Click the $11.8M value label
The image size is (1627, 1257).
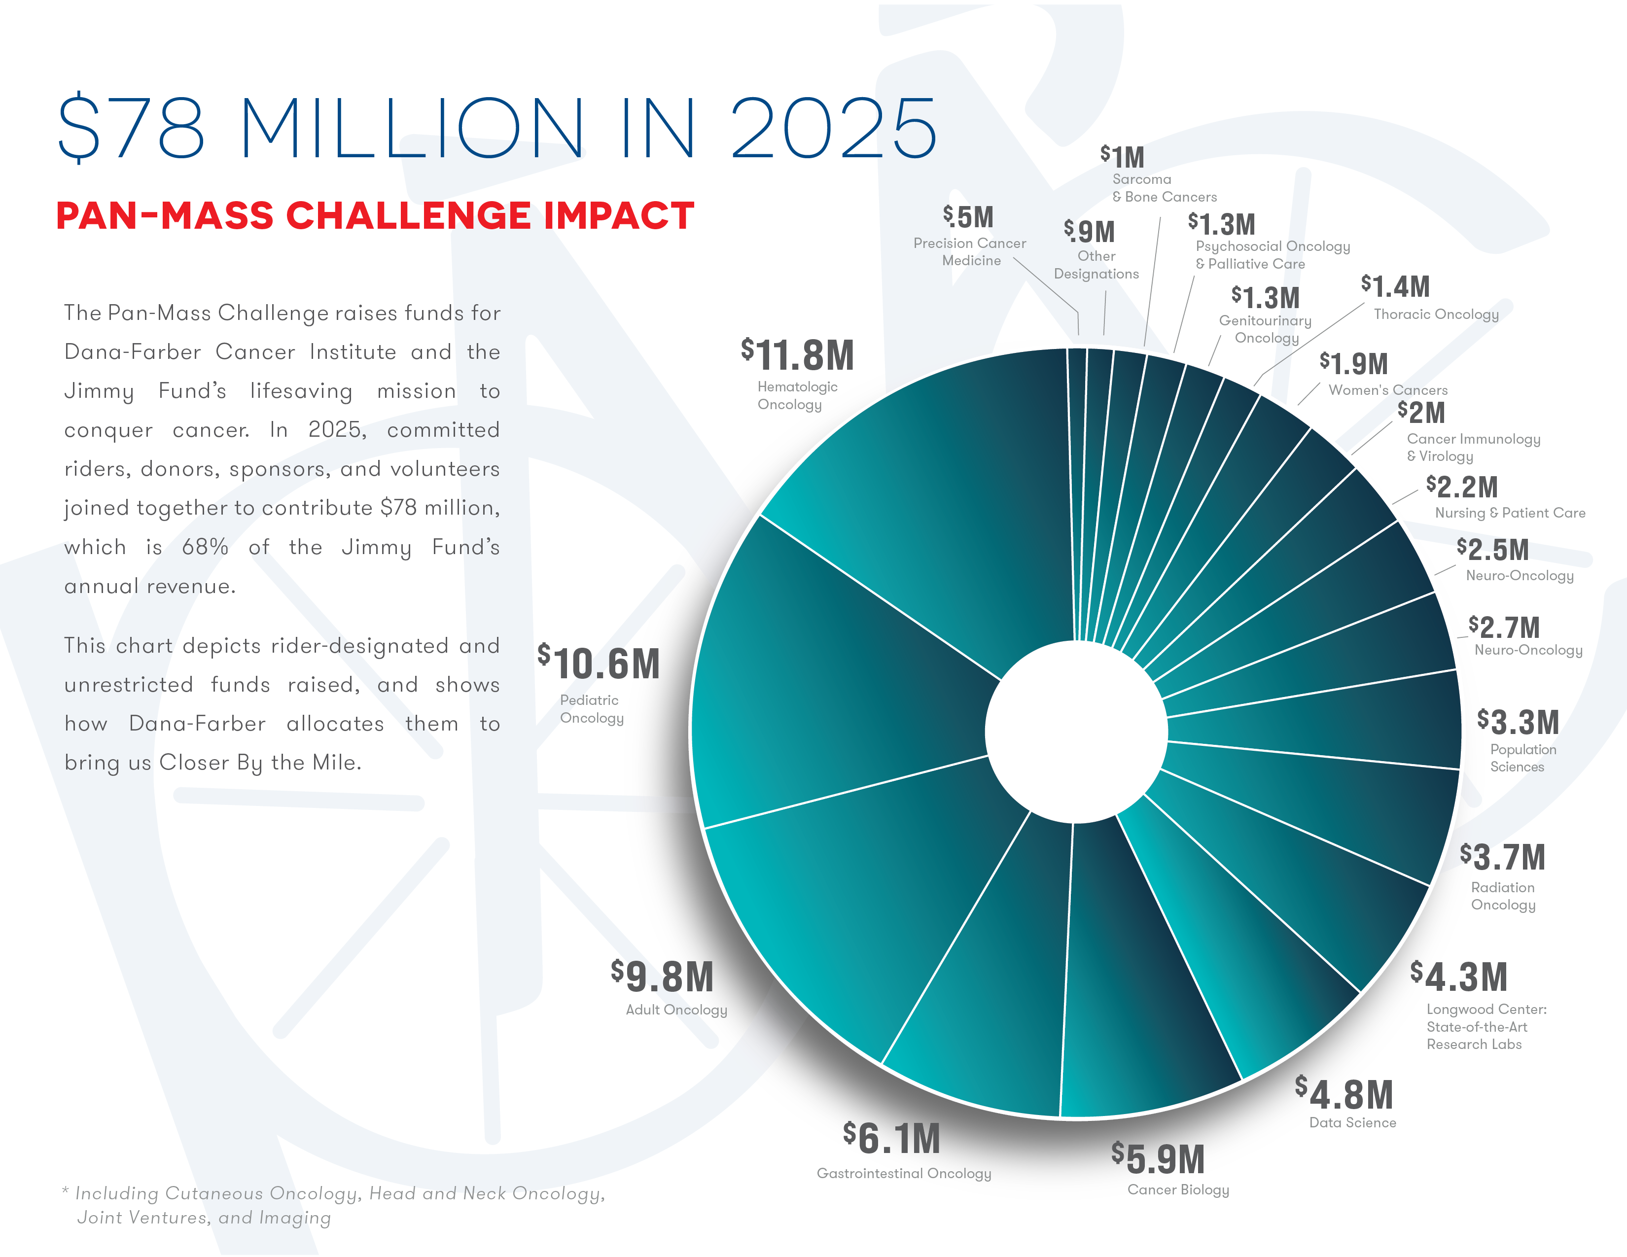[x=797, y=355]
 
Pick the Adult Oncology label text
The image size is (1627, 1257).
[x=675, y=1010]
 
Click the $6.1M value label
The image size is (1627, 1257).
[x=892, y=1139]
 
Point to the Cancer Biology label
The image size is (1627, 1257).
[x=1178, y=1190]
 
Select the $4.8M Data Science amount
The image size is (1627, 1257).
[x=1344, y=1095]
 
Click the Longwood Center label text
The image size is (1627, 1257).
[x=1486, y=1027]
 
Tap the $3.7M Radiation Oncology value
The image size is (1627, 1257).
[x=1503, y=857]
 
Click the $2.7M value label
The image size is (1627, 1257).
[x=1504, y=628]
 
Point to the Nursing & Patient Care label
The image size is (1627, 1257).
[x=1510, y=513]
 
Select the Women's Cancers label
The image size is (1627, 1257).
[x=1388, y=390]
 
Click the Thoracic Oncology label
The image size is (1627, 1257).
[x=1436, y=314]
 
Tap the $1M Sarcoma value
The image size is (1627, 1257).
[x=1123, y=157]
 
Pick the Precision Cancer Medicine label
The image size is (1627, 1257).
[x=970, y=252]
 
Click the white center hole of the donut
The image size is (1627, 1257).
[x=1076, y=732]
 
